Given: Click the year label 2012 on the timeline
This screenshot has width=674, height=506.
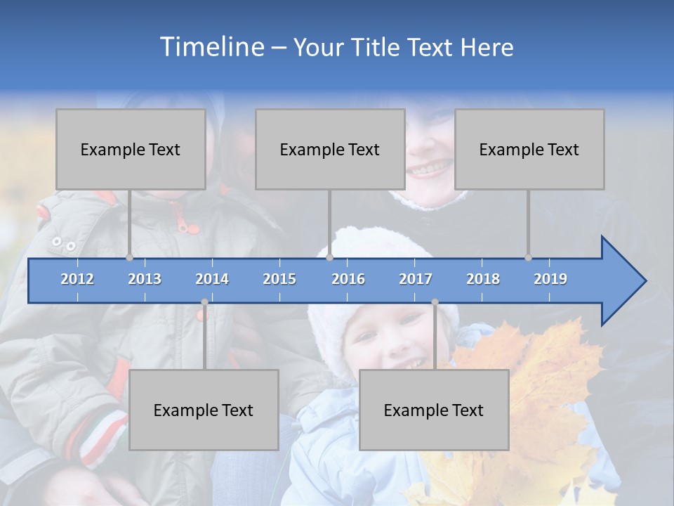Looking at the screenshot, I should tap(77, 279).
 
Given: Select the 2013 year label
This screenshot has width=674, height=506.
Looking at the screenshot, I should tap(145, 279).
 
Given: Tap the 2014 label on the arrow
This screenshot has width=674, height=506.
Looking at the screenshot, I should tap(212, 279).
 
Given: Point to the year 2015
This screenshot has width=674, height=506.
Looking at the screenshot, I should tap(279, 279).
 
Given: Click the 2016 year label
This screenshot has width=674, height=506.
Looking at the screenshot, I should tap(348, 279).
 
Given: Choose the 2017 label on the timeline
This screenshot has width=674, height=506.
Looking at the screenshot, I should tap(416, 279).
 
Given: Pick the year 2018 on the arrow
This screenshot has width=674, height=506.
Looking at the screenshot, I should tap(483, 279).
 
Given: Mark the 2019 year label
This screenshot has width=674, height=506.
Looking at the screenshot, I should tap(550, 279).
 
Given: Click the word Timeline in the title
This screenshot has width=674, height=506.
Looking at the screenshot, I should tap(211, 47).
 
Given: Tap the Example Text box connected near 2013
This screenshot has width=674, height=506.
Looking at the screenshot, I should tap(131, 149).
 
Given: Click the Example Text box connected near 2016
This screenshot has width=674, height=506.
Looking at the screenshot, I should tap(330, 149).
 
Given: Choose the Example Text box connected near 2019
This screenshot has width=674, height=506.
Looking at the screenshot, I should tap(529, 149).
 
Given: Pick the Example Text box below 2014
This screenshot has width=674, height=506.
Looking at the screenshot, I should tap(204, 410).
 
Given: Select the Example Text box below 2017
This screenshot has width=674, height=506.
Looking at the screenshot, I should tap(434, 410).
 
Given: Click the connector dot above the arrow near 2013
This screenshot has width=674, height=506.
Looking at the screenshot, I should tap(129, 257).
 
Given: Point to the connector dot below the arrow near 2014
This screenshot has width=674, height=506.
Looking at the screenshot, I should tap(204, 302).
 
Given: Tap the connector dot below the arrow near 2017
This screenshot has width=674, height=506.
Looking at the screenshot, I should tap(435, 302).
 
